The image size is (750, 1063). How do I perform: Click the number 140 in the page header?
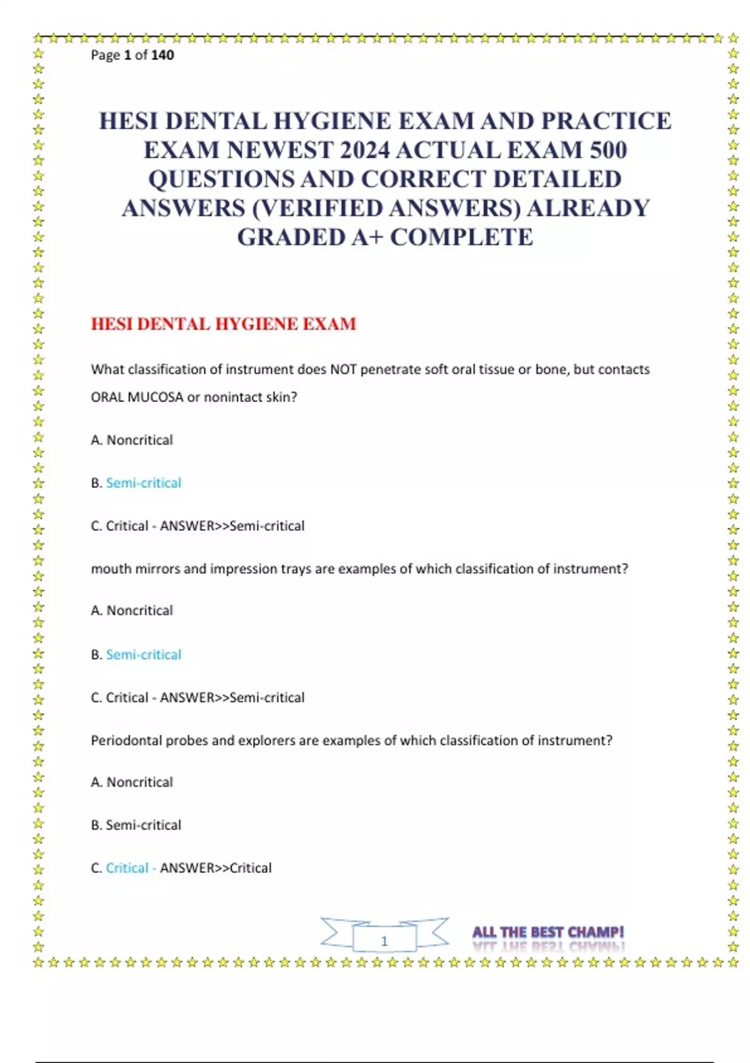[162, 55]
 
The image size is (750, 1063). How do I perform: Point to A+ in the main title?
[362, 238]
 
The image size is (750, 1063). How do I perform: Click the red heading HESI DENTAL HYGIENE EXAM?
[223, 324]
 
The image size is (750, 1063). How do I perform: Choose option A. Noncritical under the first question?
[132, 440]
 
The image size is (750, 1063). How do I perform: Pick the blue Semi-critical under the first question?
[144, 483]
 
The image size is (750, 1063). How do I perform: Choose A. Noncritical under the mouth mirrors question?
[132, 610]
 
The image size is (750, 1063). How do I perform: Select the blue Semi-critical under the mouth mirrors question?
[144, 655]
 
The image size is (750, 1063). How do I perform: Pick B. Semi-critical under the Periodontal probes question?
[136, 825]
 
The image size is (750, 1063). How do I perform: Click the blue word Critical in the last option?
[127, 868]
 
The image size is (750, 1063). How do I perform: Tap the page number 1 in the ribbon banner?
[384, 940]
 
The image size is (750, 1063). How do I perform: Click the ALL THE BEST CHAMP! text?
[548, 933]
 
